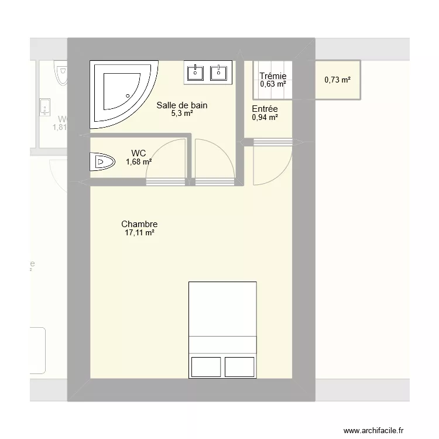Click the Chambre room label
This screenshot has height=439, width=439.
[x=139, y=224]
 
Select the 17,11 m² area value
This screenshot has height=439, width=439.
[x=139, y=233]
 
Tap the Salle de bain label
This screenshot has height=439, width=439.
[x=182, y=106]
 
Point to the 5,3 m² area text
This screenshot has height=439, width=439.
[x=182, y=114]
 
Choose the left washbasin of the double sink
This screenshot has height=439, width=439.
[x=196, y=72]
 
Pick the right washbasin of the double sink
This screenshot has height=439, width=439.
[x=218, y=72]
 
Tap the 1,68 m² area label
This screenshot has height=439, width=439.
[x=139, y=162]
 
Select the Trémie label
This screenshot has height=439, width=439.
[x=273, y=76]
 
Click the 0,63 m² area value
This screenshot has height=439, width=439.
[x=273, y=84]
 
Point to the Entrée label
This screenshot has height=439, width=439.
[x=265, y=109]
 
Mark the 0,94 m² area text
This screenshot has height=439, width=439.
[x=265, y=117]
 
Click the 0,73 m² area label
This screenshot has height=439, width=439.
[x=337, y=80]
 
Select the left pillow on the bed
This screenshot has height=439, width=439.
[x=205, y=366]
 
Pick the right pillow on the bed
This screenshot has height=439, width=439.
[x=240, y=366]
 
